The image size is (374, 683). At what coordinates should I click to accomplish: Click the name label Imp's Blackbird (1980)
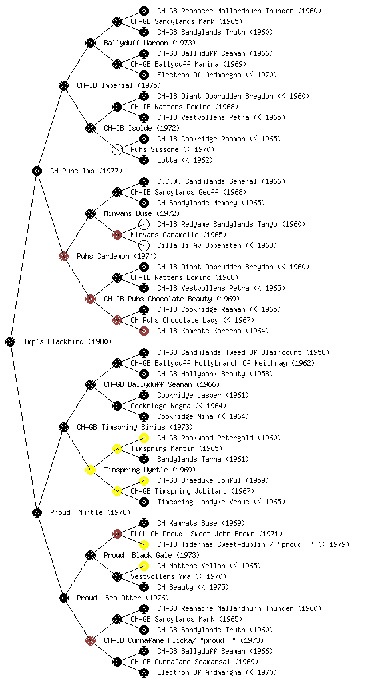tap(67, 341)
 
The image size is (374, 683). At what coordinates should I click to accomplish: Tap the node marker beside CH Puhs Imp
tap(37, 171)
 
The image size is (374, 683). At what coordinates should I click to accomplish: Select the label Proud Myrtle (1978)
tap(89, 512)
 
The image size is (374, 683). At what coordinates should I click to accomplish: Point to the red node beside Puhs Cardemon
tap(63, 256)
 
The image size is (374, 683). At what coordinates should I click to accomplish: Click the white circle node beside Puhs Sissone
tap(117, 149)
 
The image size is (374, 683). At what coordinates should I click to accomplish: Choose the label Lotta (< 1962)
tap(185, 160)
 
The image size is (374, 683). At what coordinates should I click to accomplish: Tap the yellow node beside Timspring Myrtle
tap(90, 470)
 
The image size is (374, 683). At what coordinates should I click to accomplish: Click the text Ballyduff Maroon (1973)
tap(150, 43)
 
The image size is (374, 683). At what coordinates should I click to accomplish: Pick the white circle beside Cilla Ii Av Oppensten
tap(144, 245)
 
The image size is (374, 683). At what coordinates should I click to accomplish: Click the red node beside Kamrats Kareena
tap(144, 331)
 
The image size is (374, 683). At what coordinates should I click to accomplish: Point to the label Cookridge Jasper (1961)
tap(203, 395)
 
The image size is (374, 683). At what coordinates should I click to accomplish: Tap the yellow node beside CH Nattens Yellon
tap(144, 566)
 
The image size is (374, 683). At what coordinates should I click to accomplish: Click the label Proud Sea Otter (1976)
tap(123, 598)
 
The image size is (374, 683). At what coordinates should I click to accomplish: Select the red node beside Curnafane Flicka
tap(90, 640)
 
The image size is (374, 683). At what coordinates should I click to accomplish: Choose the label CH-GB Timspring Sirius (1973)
tap(135, 427)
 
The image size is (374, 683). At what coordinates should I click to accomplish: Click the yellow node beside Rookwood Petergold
tap(144, 438)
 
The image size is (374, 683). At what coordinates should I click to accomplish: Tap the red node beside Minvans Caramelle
tap(117, 235)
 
